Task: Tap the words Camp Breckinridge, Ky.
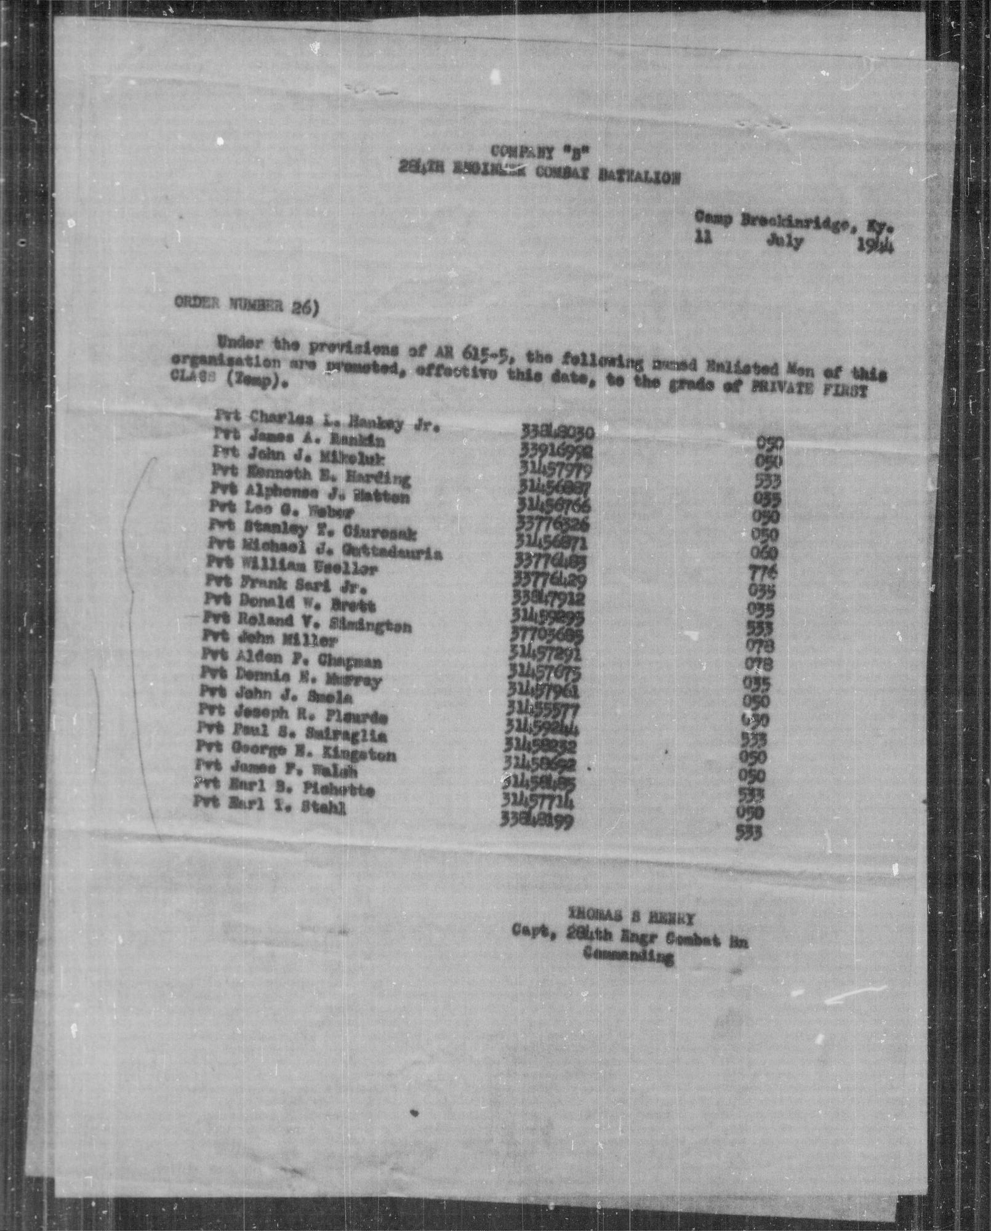794,222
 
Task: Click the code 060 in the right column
766,553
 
